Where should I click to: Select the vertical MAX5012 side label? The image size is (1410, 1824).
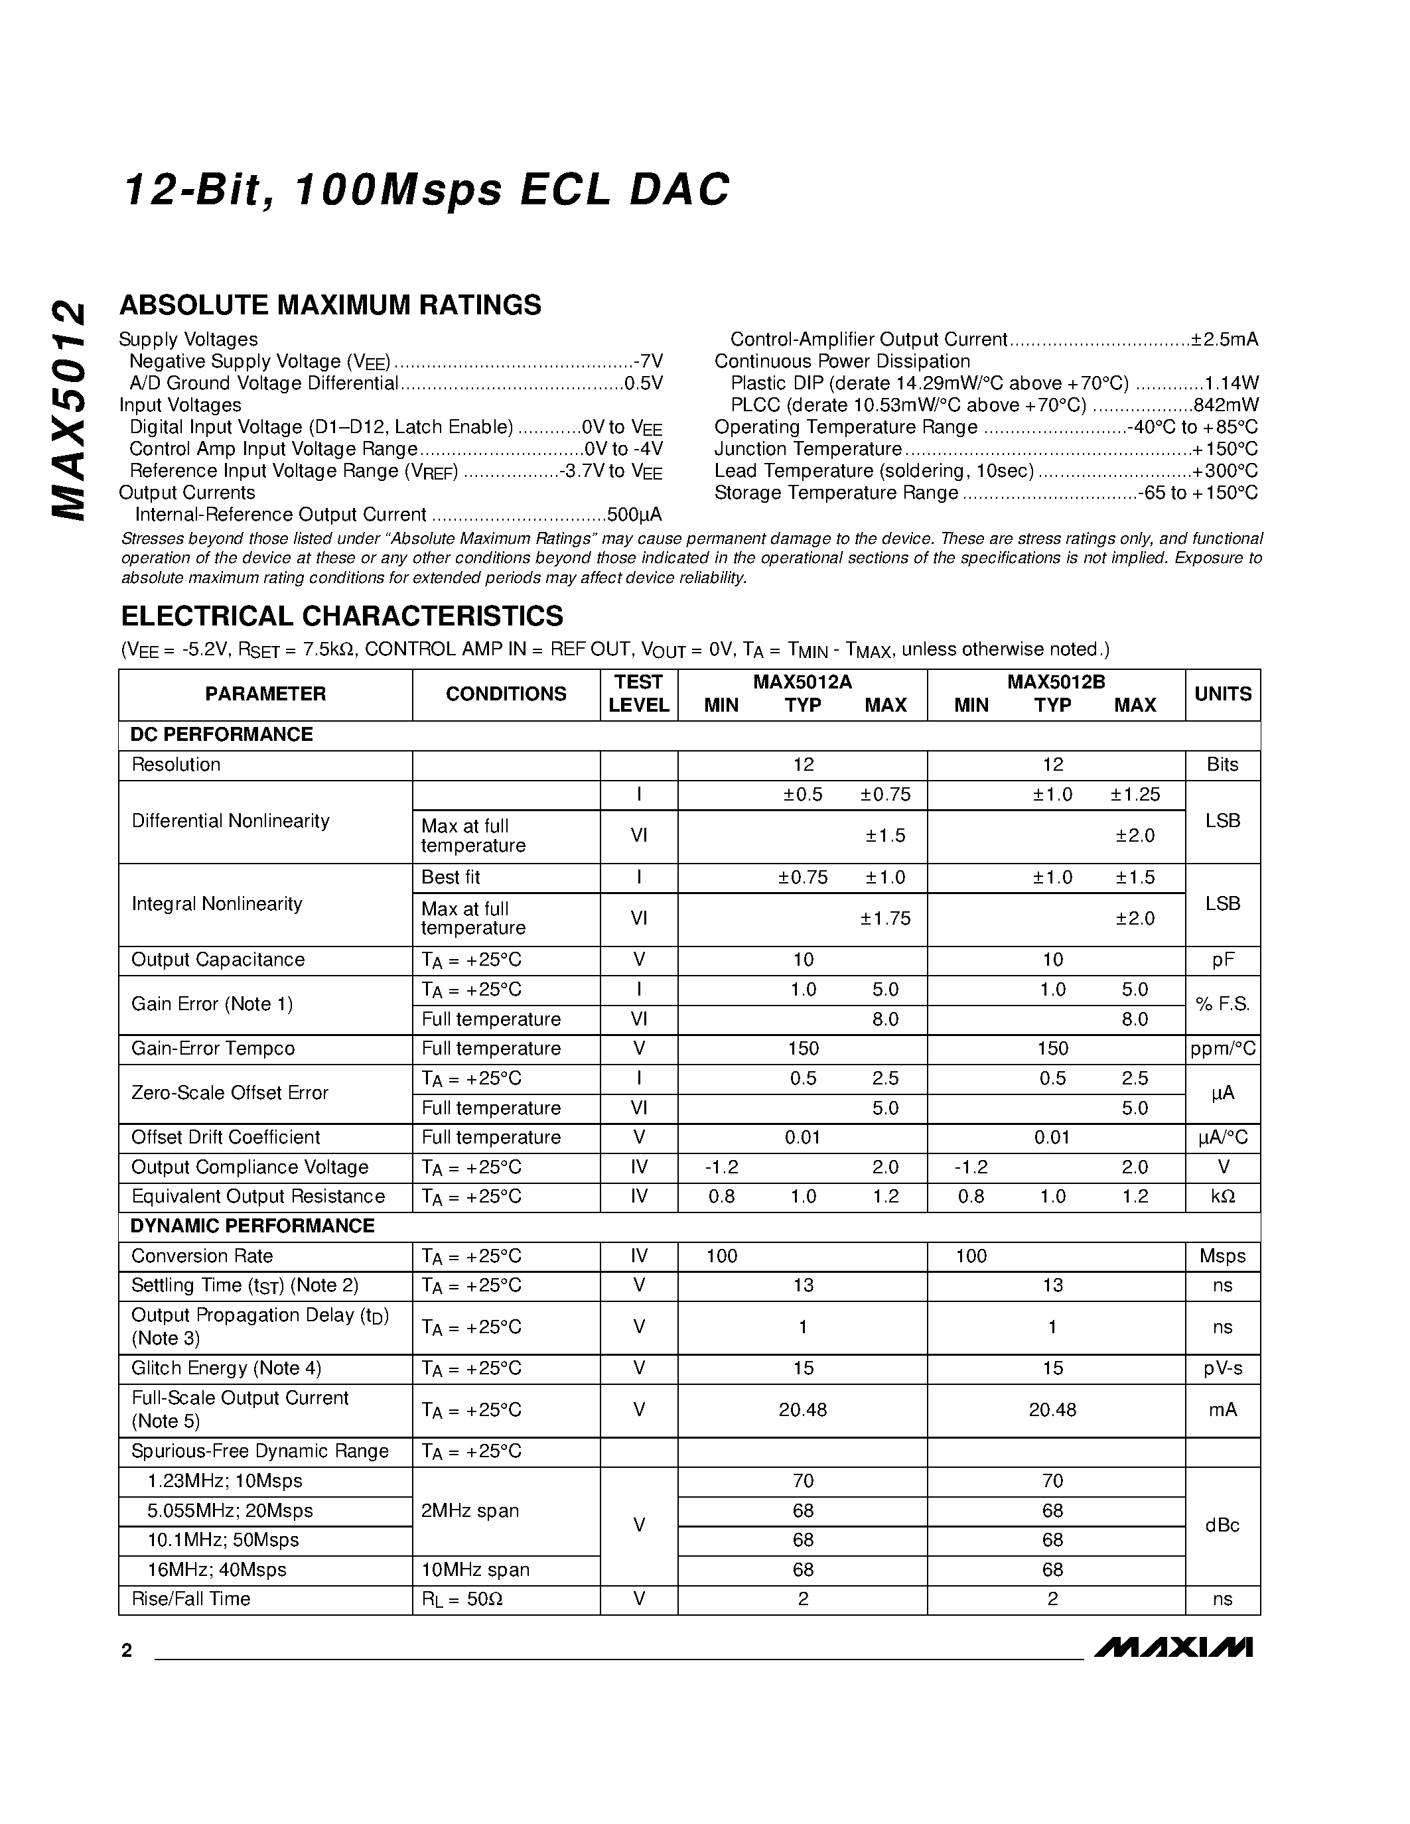(68, 409)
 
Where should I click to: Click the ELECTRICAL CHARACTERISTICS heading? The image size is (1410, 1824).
(342, 616)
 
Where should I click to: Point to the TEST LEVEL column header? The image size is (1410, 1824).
(638, 693)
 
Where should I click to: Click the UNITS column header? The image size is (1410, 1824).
(1222, 694)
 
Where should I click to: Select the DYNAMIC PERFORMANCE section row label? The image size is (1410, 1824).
(252, 1226)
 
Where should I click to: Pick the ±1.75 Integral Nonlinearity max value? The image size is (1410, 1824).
(884, 919)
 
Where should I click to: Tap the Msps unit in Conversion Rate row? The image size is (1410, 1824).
(1222, 1256)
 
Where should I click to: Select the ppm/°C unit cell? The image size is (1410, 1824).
(1222, 1049)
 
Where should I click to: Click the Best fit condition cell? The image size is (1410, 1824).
(451, 878)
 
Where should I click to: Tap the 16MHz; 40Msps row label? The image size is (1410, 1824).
(216, 1570)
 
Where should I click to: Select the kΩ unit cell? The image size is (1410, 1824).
(1222, 1197)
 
